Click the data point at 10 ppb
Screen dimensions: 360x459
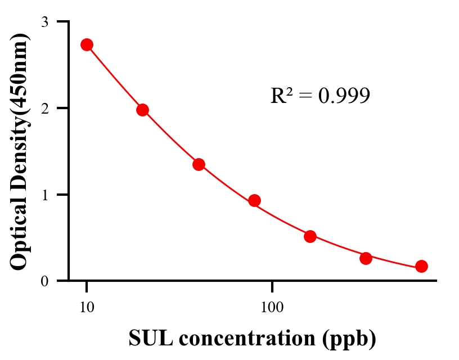coord(87,45)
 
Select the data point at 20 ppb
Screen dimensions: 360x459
coord(142,110)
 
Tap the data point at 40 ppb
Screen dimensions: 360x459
coord(199,164)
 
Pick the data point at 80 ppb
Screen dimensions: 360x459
coord(254,200)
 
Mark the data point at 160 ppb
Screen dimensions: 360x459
coord(310,236)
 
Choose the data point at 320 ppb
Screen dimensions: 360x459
coord(366,258)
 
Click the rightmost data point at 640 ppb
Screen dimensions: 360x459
coord(421,266)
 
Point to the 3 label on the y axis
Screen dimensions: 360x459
coord(44,22)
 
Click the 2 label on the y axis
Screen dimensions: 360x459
coord(44,108)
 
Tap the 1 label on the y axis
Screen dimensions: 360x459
coord(44,195)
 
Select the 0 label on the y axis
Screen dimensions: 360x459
coord(44,281)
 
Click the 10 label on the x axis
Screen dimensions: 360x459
coord(87,307)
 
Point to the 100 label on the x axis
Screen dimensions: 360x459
coord(272,307)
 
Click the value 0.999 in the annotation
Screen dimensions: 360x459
coord(344,96)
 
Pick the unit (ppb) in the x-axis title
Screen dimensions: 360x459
coord(350,339)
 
